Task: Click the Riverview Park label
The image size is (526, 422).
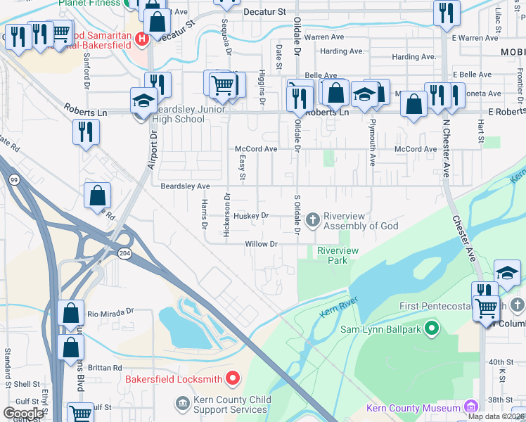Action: [338, 255]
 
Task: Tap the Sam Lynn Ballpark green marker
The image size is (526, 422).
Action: [432, 328]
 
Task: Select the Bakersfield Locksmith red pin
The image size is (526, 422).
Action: [233, 379]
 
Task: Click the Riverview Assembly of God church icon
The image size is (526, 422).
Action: [313, 221]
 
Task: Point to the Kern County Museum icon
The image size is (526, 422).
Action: [469, 408]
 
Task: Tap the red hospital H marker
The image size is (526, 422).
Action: [142, 39]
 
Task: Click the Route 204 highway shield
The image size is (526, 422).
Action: [125, 253]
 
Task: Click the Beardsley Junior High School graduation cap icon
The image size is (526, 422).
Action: [143, 101]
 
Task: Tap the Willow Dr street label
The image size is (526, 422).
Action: [261, 244]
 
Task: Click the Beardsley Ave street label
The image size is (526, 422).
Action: [185, 186]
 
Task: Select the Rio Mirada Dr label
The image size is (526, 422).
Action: [110, 312]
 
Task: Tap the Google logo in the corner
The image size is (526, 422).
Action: [23, 414]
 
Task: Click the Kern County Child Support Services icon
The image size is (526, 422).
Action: [182, 402]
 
